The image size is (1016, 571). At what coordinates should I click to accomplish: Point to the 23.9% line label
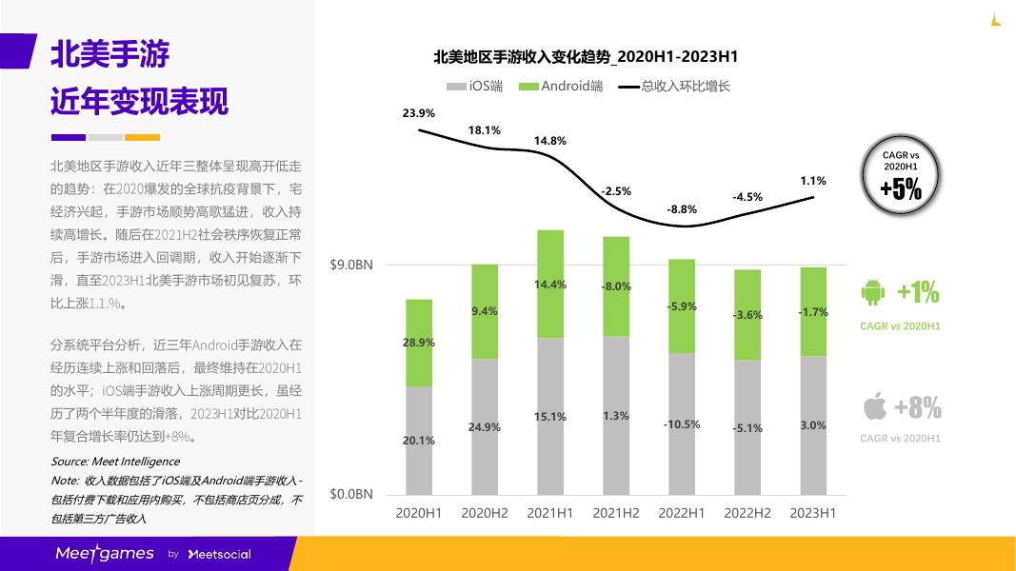pos(419,113)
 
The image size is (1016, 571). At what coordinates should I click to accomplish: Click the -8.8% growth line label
pos(682,209)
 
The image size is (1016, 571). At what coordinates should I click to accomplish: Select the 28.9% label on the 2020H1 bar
pos(419,343)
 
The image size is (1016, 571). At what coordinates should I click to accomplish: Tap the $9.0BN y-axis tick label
pos(351,265)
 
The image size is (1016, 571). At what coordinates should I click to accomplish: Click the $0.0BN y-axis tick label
pos(351,494)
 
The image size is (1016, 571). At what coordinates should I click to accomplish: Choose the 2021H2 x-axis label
pos(616,513)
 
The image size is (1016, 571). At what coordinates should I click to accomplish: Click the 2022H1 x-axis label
pos(682,513)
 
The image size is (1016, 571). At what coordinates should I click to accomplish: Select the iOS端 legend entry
pos(475,87)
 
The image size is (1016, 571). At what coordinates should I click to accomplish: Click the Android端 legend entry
pos(562,87)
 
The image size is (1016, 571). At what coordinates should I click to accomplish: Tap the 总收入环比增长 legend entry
pos(675,87)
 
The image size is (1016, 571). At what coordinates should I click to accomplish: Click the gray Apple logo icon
pos(874,407)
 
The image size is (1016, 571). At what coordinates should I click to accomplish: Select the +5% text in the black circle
pos(900,189)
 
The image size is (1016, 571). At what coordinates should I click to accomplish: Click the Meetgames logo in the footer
pos(105,553)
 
